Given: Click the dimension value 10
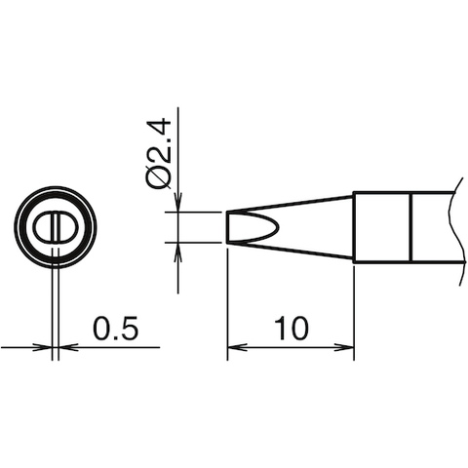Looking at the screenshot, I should coord(291,329).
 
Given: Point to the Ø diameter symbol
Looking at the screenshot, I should coord(160,176).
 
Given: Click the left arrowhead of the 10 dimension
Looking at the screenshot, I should coord(234,346).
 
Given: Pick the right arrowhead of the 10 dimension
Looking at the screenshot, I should coord(345,346).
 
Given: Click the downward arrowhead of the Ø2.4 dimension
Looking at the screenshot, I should coord(178,204).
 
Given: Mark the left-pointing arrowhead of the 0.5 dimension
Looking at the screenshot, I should coord(66,346).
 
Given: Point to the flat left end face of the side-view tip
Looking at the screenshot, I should coord(228,228).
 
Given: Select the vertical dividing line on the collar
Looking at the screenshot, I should coord(410,226).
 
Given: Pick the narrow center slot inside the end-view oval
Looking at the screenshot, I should coord(56,227).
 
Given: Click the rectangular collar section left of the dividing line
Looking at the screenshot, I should coord(381,226).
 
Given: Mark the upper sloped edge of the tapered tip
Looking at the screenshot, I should coord(292,204).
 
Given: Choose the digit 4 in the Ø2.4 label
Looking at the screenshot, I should coord(160,126).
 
